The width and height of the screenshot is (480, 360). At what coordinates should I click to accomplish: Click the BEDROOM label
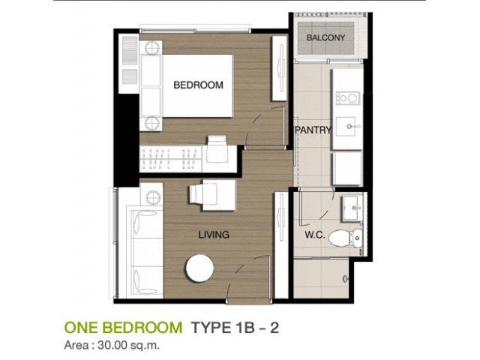(198, 85)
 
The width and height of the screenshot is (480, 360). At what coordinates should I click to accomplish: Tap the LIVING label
(214, 235)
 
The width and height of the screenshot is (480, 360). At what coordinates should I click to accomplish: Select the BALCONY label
(325, 37)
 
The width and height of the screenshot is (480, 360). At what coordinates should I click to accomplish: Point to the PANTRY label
(313, 130)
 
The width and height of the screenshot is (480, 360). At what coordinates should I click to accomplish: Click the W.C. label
(315, 235)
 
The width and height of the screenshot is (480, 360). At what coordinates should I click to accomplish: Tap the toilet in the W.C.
(345, 237)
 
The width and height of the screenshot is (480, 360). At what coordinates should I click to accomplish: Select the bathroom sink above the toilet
(352, 208)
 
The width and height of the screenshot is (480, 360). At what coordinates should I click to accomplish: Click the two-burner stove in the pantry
(347, 98)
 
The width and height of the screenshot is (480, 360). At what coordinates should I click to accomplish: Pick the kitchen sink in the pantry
(346, 126)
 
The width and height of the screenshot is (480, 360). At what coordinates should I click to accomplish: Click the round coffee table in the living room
(200, 268)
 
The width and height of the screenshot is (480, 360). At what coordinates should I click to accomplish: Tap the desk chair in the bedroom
(217, 149)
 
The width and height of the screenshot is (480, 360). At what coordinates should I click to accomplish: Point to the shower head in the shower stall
(345, 279)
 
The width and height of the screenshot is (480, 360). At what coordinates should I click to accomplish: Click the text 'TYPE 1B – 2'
(235, 328)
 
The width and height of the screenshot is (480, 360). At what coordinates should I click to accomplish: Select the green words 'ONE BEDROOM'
(123, 328)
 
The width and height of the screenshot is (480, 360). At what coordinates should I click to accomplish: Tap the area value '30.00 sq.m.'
(128, 345)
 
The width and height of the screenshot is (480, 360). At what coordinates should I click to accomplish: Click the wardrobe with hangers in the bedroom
(170, 159)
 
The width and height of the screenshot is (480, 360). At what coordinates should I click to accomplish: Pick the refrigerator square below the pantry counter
(347, 168)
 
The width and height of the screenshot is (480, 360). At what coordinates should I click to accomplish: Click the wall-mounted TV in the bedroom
(280, 68)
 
